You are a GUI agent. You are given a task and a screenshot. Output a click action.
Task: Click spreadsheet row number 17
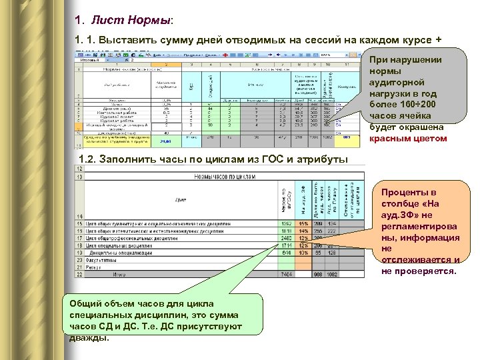click(x=79, y=238)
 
